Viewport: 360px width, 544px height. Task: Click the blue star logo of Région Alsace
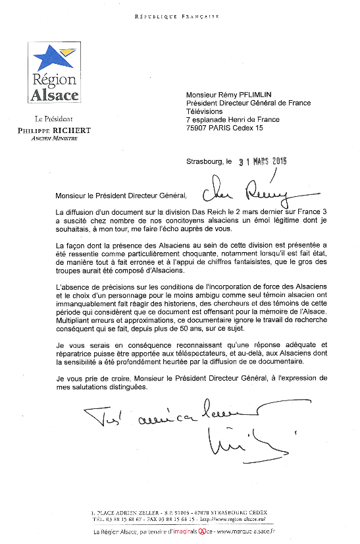53,56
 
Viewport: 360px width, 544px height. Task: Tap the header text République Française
176,16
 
